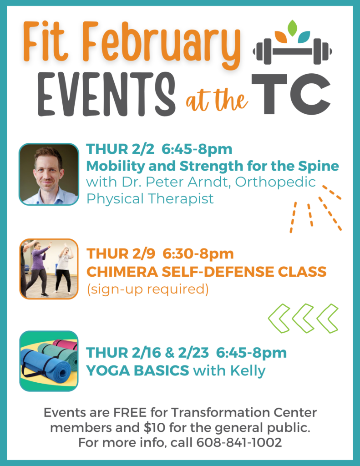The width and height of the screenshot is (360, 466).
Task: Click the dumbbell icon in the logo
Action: pos(292,51)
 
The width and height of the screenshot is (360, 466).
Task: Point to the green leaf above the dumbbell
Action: pos(293,28)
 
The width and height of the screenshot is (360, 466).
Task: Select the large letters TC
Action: pos(291,94)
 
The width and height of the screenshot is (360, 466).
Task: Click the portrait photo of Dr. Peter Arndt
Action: pos(49,174)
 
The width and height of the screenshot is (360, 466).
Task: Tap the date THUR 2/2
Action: pos(120,149)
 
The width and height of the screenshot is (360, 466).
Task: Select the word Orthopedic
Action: pos(275,182)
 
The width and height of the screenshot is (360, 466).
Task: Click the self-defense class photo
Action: pos(49,269)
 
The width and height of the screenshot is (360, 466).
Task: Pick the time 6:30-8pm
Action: pos(198,254)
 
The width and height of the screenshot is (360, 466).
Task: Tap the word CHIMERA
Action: pos(122,272)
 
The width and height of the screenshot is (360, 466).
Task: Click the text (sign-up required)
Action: pos(148,289)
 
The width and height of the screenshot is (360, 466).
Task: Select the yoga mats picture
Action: pos(49,361)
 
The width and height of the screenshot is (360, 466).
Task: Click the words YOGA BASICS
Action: pos(137,370)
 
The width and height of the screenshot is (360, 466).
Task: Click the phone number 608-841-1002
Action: pos(239,442)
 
